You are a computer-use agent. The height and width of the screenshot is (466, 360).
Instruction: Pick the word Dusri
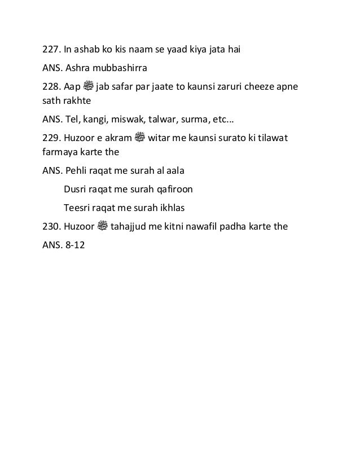76,190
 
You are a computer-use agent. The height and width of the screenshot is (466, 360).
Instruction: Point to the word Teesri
77,208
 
